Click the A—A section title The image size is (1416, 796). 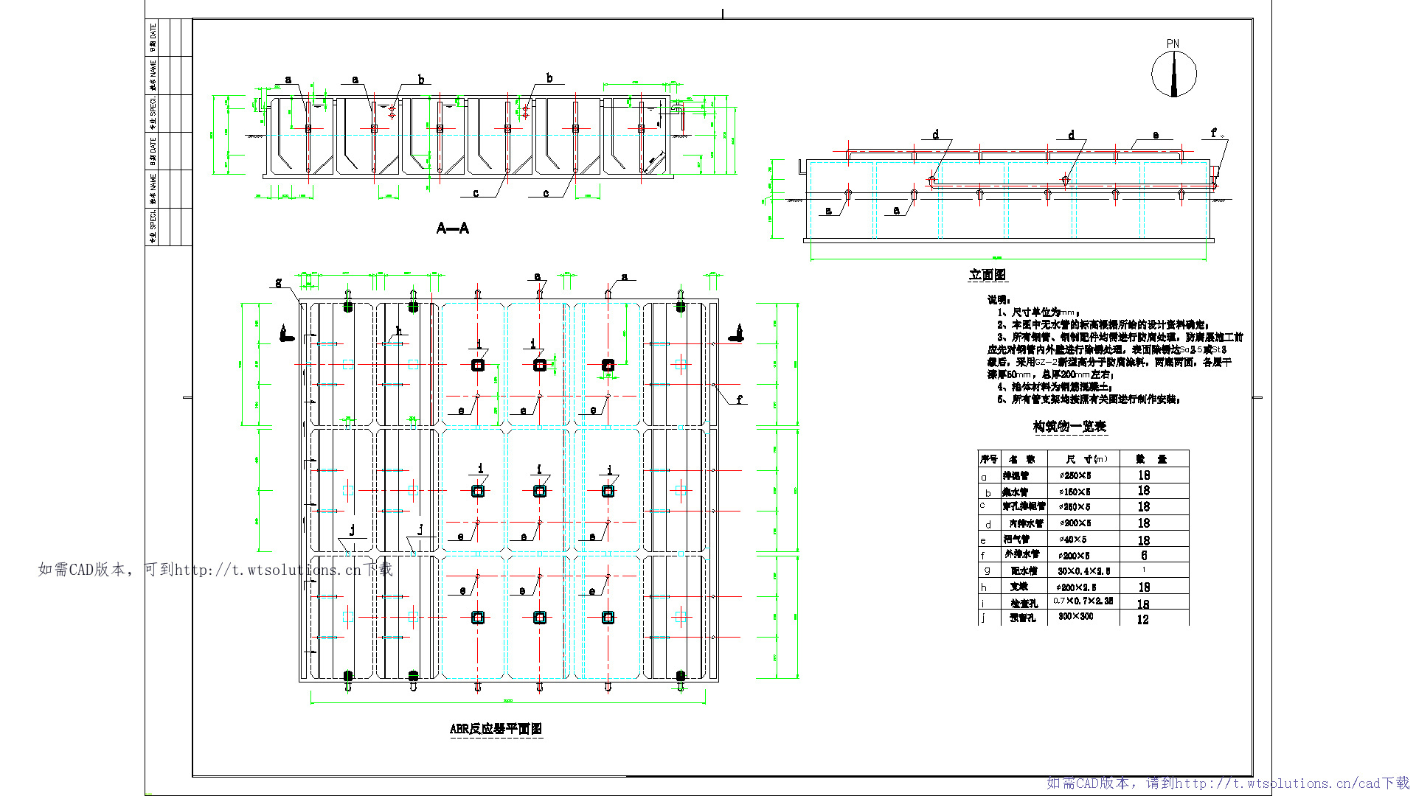click(452, 228)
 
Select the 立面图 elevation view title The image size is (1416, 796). click(987, 275)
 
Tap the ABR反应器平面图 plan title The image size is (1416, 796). click(496, 729)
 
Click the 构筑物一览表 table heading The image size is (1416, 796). click(1069, 427)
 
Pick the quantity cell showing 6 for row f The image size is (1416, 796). click(1144, 555)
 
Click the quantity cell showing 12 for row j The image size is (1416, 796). click(1142, 620)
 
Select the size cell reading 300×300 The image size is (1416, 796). click(1075, 616)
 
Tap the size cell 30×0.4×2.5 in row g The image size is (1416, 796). click(1083, 571)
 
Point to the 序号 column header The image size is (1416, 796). click(988, 459)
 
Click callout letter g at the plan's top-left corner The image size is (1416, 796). click(278, 282)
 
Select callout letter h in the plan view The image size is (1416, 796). click(398, 331)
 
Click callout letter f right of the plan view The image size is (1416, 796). click(740, 399)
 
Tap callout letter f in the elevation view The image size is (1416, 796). click(1213, 133)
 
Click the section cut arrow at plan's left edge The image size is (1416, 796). click(286, 334)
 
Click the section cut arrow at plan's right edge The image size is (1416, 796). click(736, 334)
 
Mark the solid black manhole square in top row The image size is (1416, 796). click(608, 365)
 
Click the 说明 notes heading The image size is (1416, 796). click(999, 299)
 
